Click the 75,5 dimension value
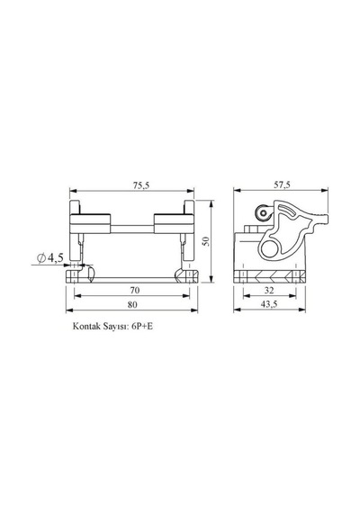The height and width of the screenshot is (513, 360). point(141,185)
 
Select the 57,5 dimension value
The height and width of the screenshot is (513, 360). point(282,184)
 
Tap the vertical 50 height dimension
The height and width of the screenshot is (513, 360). point(205,241)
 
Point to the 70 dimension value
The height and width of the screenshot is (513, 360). point(134,290)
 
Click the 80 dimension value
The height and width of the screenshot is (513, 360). point(132,304)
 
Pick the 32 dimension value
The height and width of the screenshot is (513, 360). point(269,290)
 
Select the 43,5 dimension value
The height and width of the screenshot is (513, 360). point(269,304)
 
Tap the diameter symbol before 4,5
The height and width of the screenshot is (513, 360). point(41,258)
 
